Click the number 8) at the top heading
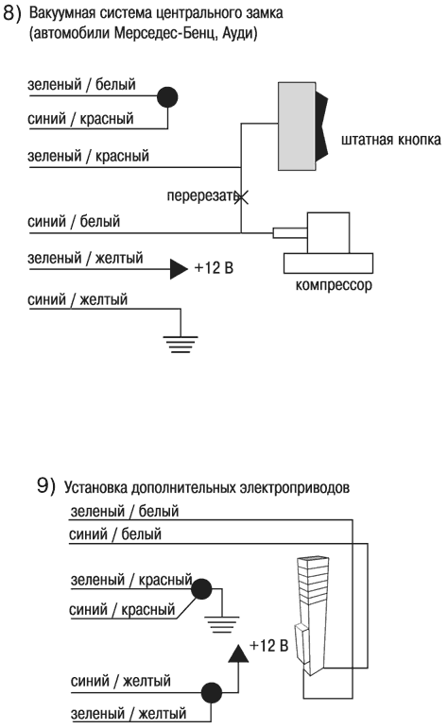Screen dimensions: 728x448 click(13, 14)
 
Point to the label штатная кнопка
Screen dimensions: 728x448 click(390, 141)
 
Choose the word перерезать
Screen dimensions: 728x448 click(199, 197)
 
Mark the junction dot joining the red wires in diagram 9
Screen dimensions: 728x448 click(200, 589)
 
